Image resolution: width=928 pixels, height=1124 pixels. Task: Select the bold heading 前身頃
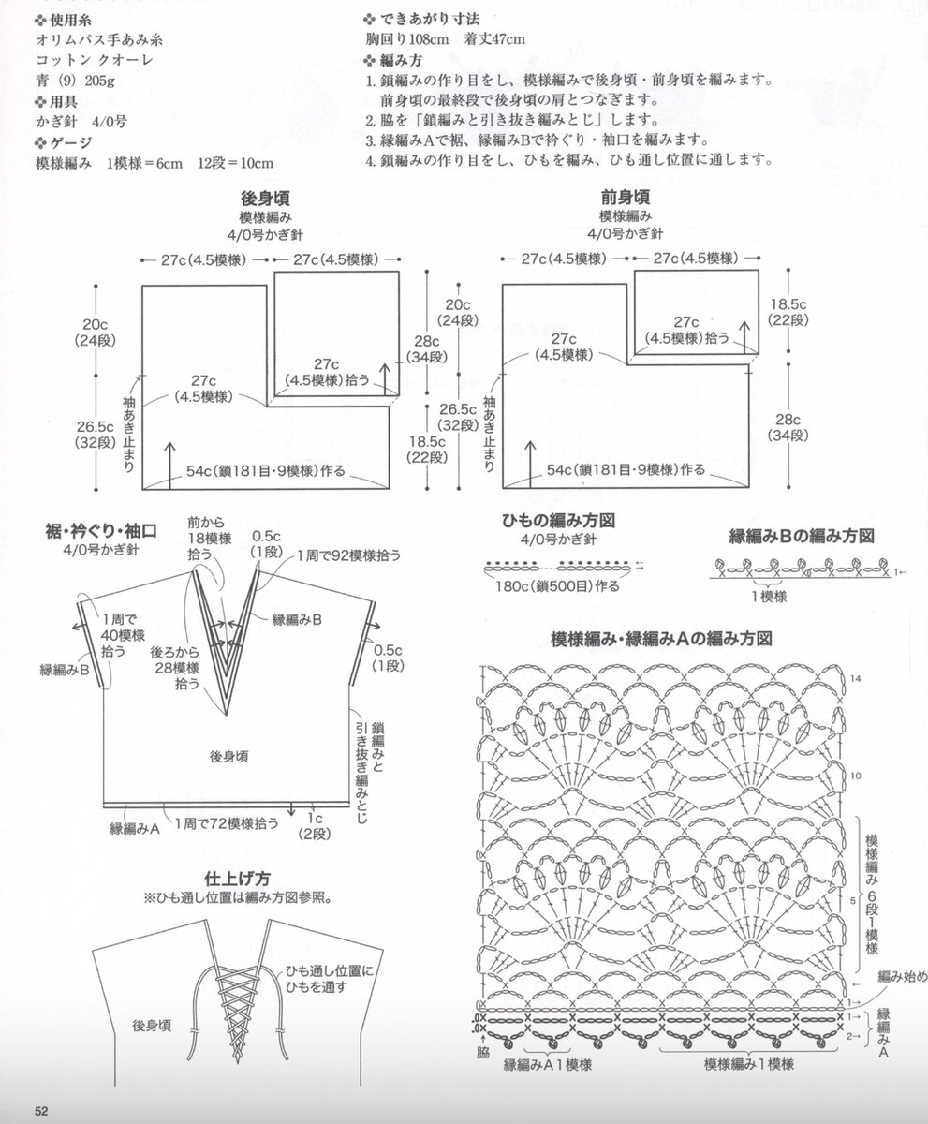(626, 199)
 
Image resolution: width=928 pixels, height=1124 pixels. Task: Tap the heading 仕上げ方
(238, 879)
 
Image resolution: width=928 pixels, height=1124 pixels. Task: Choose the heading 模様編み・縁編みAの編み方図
(662, 639)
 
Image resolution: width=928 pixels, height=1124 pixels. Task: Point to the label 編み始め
(901, 977)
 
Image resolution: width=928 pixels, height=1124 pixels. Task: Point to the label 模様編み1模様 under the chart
(749, 1064)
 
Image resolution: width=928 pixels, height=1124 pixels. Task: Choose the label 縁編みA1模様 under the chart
(548, 1064)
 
